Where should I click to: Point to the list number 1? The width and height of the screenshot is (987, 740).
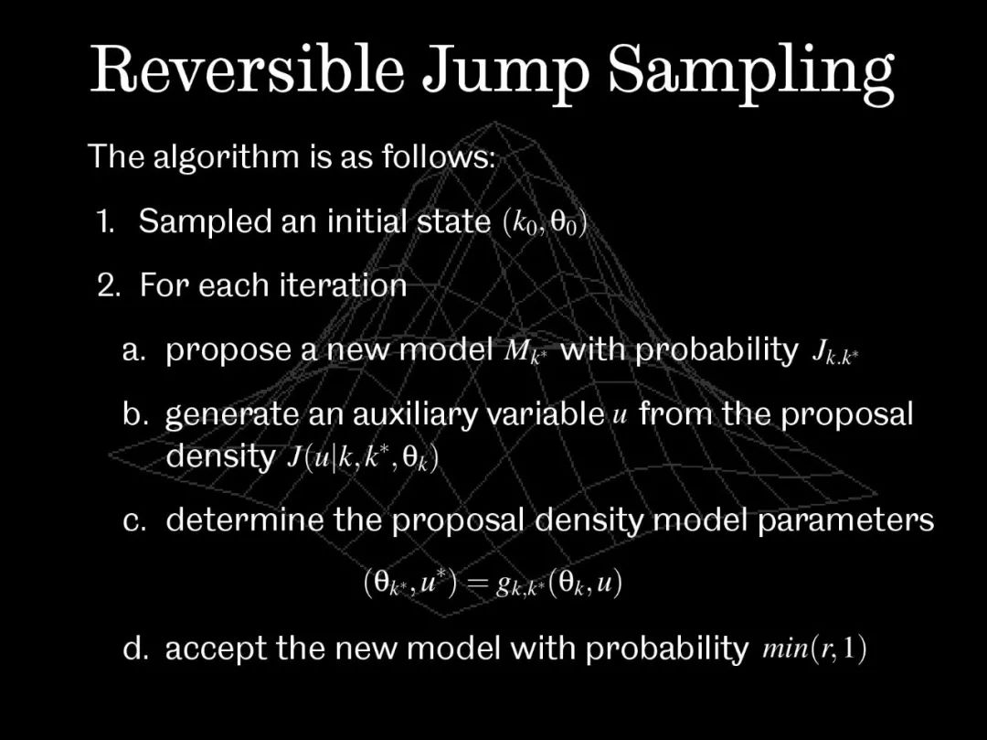point(106,221)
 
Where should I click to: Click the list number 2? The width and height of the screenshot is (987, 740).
point(109,285)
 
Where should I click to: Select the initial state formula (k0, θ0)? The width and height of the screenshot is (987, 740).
point(545,223)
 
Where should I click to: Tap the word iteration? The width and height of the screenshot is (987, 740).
point(343,284)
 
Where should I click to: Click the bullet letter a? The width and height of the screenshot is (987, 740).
point(133,351)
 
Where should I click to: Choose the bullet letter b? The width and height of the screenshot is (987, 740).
point(133,413)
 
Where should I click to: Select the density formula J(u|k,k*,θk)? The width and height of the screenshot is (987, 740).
point(363,458)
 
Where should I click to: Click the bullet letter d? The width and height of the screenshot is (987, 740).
point(133,648)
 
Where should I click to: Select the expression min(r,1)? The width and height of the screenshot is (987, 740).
point(814,649)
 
